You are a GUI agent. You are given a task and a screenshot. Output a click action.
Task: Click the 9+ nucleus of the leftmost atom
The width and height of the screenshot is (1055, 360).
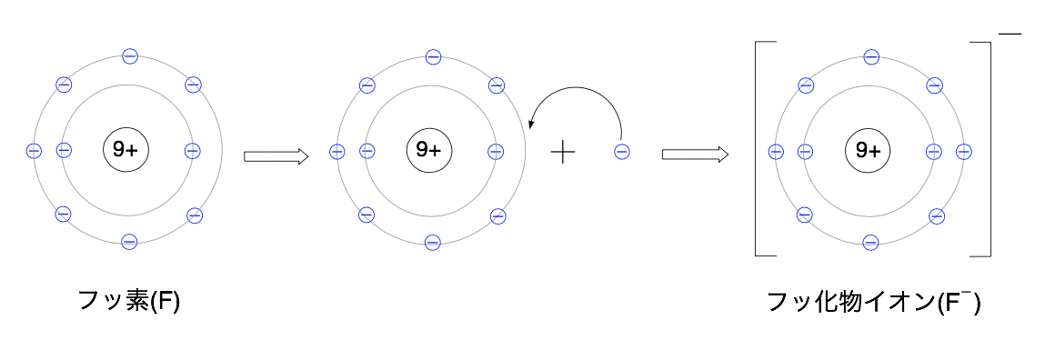(126, 150)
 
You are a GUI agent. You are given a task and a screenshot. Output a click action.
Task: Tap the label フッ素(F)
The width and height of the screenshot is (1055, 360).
(129, 301)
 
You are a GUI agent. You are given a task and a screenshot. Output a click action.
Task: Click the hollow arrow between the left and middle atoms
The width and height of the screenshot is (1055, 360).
(276, 156)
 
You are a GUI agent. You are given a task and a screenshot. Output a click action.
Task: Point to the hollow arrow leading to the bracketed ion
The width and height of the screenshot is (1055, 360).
(696, 155)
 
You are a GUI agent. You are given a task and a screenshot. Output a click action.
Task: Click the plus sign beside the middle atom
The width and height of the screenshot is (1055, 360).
(562, 153)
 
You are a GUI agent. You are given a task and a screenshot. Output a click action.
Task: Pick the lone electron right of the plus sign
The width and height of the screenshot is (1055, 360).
(622, 152)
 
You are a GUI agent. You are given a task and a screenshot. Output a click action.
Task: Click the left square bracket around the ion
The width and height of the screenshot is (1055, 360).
(757, 149)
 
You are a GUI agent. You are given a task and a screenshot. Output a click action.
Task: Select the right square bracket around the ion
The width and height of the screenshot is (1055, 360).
(990, 149)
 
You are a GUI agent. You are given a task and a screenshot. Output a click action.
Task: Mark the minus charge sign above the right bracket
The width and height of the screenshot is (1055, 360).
(1010, 34)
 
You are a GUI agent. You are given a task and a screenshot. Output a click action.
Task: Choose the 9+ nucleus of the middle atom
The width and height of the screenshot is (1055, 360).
(429, 150)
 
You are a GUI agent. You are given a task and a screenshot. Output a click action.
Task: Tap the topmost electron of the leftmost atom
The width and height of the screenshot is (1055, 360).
(130, 56)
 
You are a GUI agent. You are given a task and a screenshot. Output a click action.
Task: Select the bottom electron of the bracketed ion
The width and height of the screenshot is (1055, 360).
(870, 242)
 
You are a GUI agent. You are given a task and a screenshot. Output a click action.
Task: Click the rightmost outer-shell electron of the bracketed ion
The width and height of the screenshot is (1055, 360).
(964, 152)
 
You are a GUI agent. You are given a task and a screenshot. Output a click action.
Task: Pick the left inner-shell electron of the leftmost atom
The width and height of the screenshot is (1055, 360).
(64, 150)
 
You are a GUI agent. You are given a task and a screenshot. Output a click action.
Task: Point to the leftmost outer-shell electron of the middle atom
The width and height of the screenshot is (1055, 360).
(337, 152)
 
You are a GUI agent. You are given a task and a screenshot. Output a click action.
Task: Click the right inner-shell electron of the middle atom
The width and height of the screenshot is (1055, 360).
(496, 152)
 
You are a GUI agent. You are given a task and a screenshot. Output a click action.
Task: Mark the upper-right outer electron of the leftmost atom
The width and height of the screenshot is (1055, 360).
(193, 85)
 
